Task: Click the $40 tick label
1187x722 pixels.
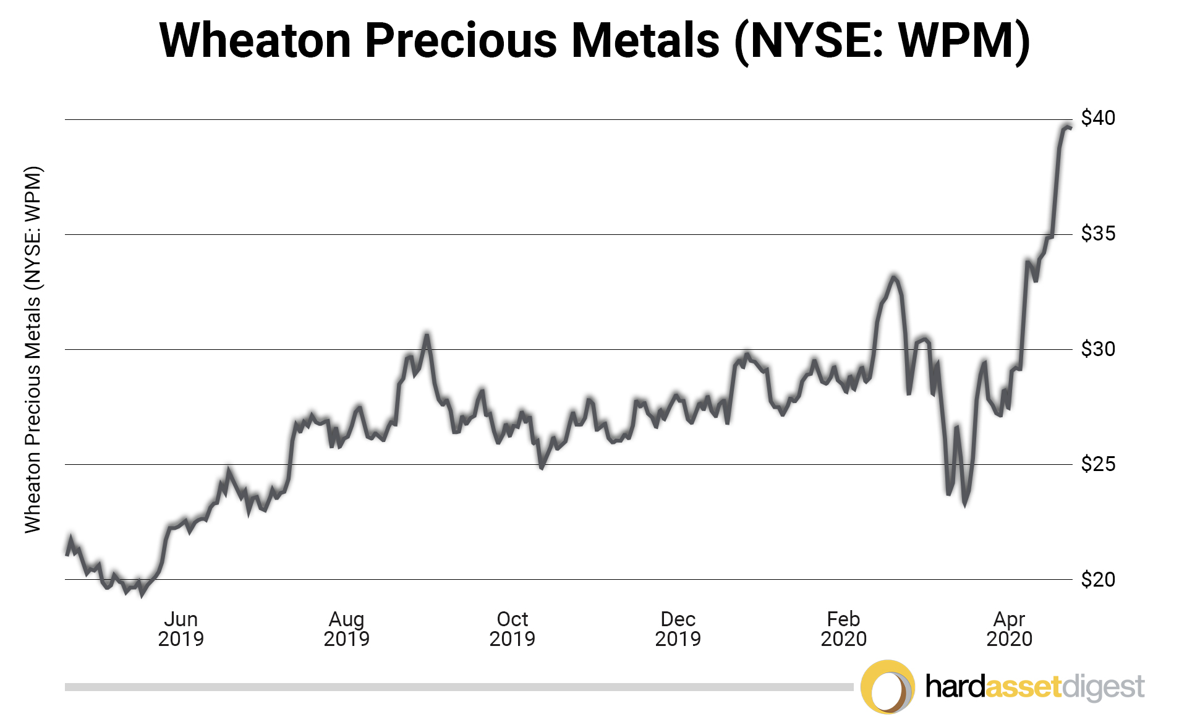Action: pyautogui.click(x=1098, y=117)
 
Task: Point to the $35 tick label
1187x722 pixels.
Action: pyautogui.click(x=1098, y=233)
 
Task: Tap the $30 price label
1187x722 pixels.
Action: pyautogui.click(x=1098, y=349)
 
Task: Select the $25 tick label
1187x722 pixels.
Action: pyautogui.click(x=1098, y=464)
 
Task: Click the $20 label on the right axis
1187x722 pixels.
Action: pyautogui.click(x=1098, y=579)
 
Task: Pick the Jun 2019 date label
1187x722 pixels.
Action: pyautogui.click(x=181, y=629)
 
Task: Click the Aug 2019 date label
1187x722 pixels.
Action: pyautogui.click(x=346, y=629)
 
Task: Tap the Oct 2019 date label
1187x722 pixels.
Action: pyautogui.click(x=512, y=629)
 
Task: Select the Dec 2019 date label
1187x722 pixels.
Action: pyautogui.click(x=678, y=629)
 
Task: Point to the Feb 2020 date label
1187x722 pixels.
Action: pyautogui.click(x=843, y=629)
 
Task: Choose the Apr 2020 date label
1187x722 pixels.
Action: pyautogui.click(x=1009, y=629)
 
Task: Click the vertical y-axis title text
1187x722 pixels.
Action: pyautogui.click(x=32, y=349)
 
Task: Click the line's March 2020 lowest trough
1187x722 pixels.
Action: pyautogui.click(x=964, y=504)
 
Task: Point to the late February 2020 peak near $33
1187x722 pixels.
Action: pyautogui.click(x=893, y=277)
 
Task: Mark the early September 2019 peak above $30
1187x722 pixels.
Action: pyautogui.click(x=427, y=335)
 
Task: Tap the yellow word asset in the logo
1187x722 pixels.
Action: pyautogui.click(x=1023, y=687)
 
